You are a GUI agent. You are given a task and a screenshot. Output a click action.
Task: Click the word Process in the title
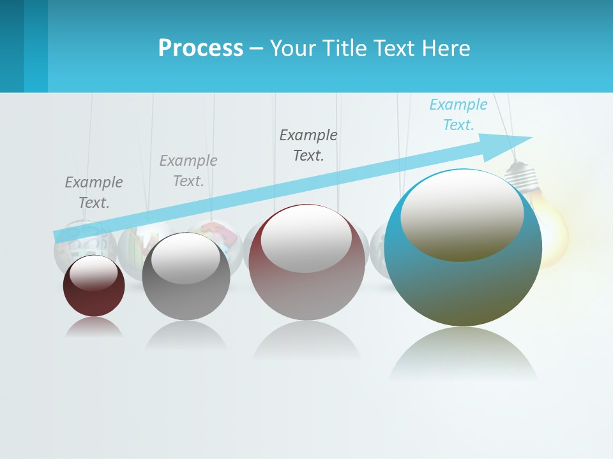pyautogui.click(x=201, y=48)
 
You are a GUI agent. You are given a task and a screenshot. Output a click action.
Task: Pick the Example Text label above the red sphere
pyautogui.click(x=308, y=145)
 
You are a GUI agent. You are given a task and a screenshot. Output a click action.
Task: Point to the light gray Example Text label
pyautogui.click(x=188, y=170)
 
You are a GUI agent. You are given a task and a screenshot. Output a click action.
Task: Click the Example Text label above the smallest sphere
pyautogui.click(x=94, y=192)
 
